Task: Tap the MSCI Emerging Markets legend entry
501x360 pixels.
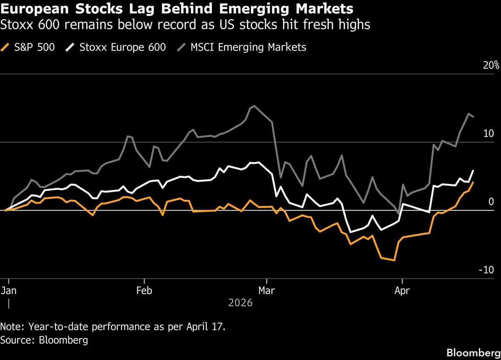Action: (248, 47)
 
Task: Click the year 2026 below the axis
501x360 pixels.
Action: (240, 302)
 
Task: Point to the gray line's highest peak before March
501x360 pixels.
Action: (255, 106)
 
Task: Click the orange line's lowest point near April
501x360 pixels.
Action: (394, 260)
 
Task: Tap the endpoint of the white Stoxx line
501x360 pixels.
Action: (473, 170)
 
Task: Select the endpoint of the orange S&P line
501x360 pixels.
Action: (473, 182)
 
